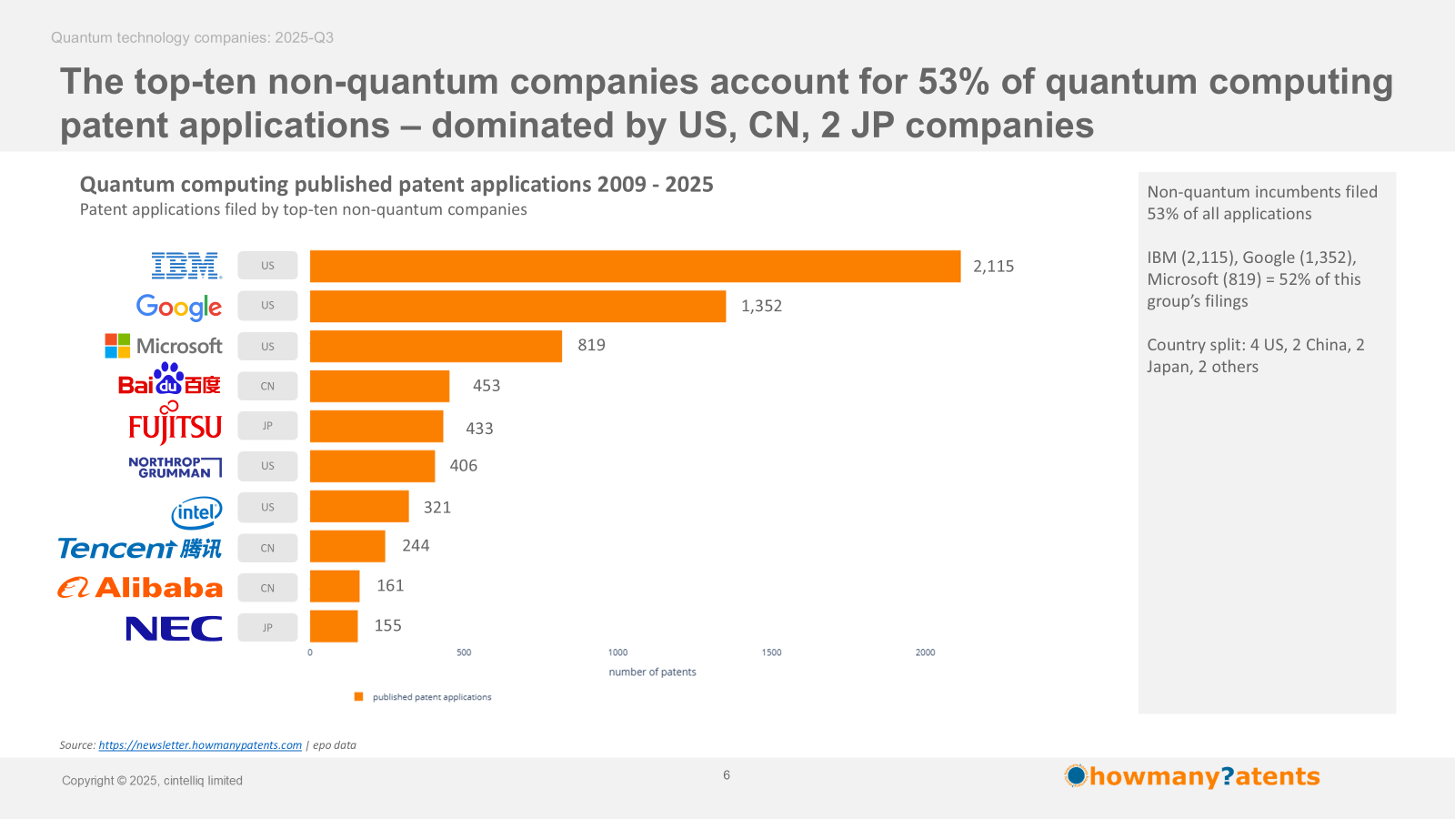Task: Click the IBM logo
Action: [186, 266]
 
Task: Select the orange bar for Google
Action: [517, 307]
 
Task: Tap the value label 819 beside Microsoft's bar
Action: [591, 346]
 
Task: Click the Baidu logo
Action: [170, 381]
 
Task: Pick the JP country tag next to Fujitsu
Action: [267, 426]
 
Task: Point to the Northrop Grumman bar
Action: [372, 466]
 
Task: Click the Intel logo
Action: [196, 512]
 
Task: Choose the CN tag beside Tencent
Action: [267, 548]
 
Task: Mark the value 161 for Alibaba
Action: [390, 586]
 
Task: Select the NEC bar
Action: [334, 626]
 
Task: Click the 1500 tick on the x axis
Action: [771, 652]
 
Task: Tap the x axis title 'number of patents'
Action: [652, 672]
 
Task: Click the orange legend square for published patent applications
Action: [358, 697]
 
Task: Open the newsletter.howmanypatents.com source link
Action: [200, 745]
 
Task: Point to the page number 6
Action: [727, 775]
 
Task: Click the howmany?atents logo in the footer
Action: [1192, 776]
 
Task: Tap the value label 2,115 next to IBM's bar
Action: [993, 267]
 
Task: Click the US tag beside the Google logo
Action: [267, 306]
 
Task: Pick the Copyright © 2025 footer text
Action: [152, 781]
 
